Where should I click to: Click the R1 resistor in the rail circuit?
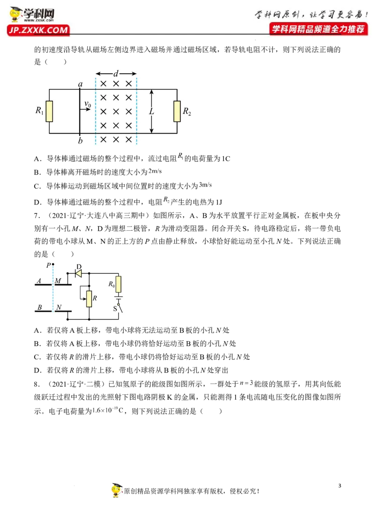click(49, 111)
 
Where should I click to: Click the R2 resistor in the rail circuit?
click(177, 111)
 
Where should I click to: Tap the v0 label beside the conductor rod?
click(88, 104)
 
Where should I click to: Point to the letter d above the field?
click(116, 73)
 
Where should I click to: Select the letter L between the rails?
click(151, 111)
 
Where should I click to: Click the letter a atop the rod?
click(80, 83)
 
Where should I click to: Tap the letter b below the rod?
click(80, 140)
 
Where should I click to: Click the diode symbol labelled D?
click(79, 273)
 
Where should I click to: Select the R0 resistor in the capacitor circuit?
click(119, 284)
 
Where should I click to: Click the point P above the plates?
click(53, 264)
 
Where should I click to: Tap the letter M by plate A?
click(58, 281)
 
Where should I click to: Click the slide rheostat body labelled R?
click(89, 299)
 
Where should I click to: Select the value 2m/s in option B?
click(155, 171)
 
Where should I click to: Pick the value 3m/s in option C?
click(205, 184)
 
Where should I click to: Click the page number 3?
click(339, 485)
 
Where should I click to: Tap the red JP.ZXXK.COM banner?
click(38, 30)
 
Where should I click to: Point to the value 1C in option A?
click(226, 159)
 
